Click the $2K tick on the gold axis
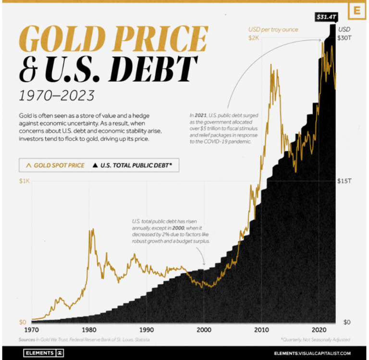click(x=254, y=38)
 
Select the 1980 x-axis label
click(x=88, y=330)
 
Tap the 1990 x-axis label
click(x=146, y=330)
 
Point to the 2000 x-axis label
click(x=204, y=330)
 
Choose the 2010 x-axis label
click(x=261, y=330)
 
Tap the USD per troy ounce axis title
click(x=273, y=30)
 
